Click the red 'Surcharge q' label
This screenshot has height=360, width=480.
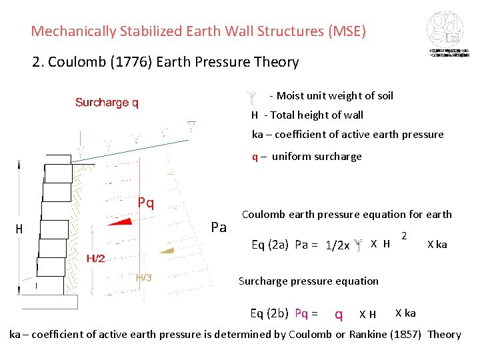tap(107, 103)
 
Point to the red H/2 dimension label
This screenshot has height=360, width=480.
tap(95, 258)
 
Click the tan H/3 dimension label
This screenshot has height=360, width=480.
tap(143, 277)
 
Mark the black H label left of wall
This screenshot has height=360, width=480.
tap(19, 229)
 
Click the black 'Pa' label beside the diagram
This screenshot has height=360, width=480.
tap(219, 227)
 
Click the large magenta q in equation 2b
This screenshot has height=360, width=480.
tap(339, 314)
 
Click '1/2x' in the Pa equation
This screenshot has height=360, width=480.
tap(337, 245)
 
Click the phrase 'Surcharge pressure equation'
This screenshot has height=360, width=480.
tap(308, 281)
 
